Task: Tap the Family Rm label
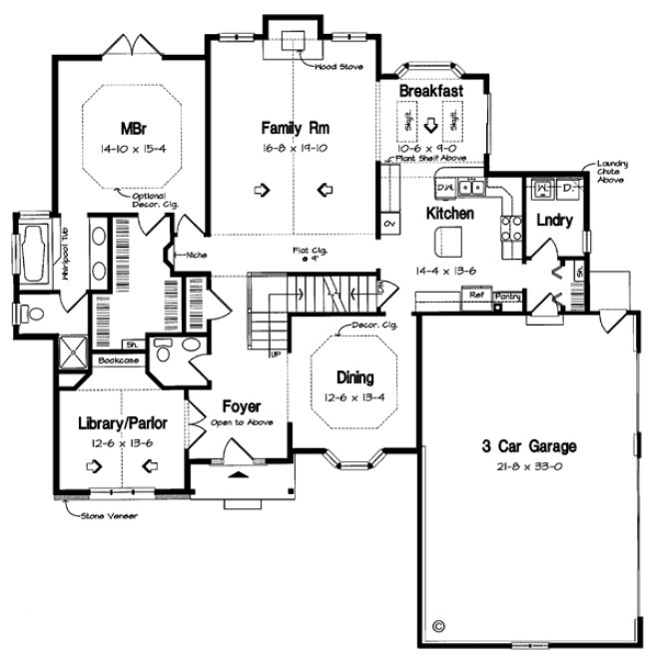(x=296, y=128)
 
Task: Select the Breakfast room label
(x=430, y=91)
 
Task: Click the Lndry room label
(x=553, y=221)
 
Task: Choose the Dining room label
(x=354, y=377)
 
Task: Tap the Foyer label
(x=241, y=406)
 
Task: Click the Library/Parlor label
(x=122, y=423)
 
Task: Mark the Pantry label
(x=507, y=296)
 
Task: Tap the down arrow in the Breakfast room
(x=431, y=125)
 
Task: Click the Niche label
(x=196, y=256)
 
